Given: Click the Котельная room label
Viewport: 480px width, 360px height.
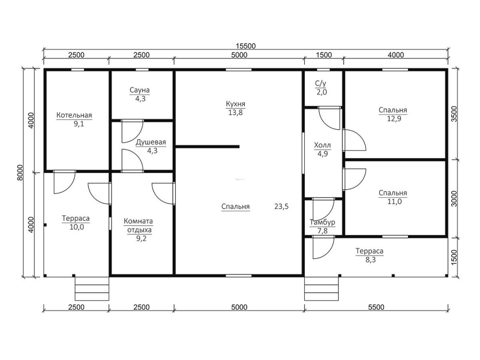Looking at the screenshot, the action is coord(74,115).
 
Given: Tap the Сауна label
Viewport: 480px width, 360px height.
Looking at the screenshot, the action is coord(140,90).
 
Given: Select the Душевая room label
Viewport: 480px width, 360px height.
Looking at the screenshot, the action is coord(151,143).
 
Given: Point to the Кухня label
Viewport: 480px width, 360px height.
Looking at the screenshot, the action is coord(235,104).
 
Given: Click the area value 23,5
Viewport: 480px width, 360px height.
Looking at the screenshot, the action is coord(281,206).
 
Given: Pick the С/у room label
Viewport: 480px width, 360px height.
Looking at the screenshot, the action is coord(321,83).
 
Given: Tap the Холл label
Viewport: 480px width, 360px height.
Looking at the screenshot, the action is coord(323,145).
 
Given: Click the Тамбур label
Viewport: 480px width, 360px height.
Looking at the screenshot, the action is coord(323,222).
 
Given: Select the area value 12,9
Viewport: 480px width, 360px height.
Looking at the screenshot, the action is coord(394,119).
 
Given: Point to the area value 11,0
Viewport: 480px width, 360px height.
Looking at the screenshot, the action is coord(394,202).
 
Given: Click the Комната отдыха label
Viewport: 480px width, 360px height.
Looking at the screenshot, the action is coord(138,225).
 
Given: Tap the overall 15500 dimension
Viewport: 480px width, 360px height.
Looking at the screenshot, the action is coord(245,46).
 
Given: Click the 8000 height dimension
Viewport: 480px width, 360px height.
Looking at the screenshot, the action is coord(20,173).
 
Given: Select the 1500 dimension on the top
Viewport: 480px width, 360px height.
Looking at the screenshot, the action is coord(324,55).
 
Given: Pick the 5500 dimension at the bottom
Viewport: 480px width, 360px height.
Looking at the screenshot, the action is coord(376,307).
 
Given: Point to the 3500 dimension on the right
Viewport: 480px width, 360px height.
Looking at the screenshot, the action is coord(454,114).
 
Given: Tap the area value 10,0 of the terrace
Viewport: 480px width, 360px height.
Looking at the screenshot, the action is coord(77,227).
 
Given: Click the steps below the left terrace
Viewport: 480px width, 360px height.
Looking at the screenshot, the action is coord(92,289).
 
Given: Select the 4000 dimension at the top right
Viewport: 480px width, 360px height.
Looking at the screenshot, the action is coord(396,55).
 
